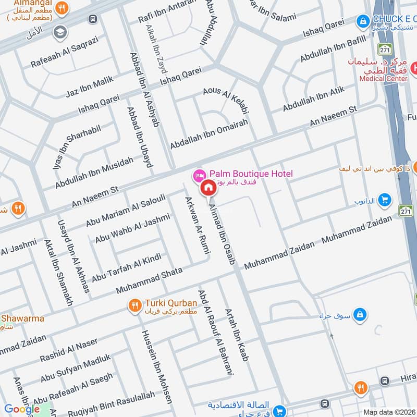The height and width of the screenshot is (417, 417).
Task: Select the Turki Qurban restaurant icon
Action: coord(135,305)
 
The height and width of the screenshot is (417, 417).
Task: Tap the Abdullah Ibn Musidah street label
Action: coord(94,173)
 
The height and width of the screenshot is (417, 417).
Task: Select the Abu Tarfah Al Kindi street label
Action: coord(127,266)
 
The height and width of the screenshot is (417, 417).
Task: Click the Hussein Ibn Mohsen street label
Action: coord(156,365)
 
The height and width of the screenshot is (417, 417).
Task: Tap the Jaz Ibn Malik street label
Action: coord(90,87)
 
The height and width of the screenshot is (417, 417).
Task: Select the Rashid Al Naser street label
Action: coord(69,350)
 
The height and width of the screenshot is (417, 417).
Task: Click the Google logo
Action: coord(22,409)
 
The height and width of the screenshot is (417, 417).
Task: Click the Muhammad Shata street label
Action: coord(149,280)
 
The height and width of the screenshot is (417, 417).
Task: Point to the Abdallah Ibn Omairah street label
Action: coord(208,133)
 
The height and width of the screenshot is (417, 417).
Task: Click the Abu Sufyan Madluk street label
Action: coord(76,368)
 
